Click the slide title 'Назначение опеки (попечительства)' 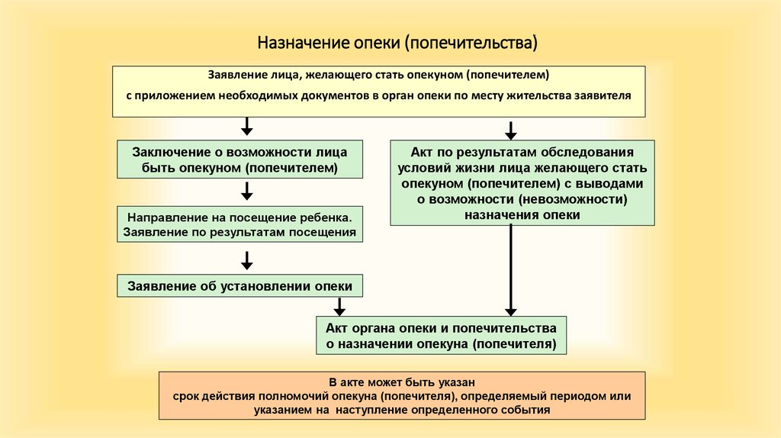[x=397, y=43]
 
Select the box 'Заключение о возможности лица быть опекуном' [x=239, y=159]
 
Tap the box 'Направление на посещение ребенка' [x=239, y=224]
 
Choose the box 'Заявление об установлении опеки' [x=239, y=286]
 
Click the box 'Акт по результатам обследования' [x=522, y=183]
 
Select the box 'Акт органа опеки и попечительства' [x=441, y=335]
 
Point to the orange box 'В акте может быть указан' [x=402, y=395]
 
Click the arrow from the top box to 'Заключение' [x=246, y=127]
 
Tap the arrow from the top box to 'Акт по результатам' [x=510, y=130]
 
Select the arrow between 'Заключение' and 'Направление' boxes [x=246, y=192]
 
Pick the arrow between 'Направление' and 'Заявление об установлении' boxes [x=246, y=261]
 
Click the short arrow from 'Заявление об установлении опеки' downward [x=339, y=307]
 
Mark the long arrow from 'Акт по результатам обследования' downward [x=510, y=270]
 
